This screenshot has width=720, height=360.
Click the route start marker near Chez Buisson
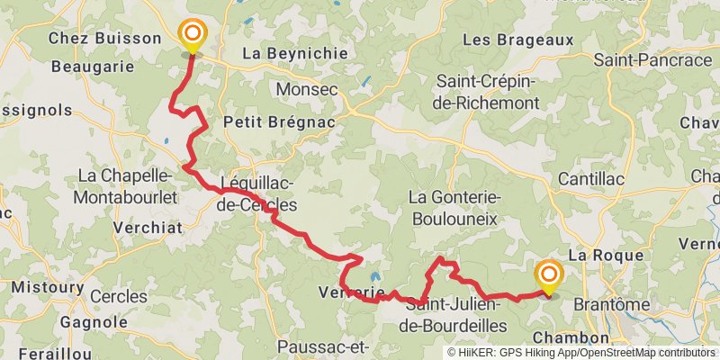point(192,36)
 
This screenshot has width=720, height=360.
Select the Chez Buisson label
point(104,39)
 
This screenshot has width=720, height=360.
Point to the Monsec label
point(306,90)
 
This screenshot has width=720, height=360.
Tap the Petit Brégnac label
point(279,122)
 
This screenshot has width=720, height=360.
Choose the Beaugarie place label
point(93,66)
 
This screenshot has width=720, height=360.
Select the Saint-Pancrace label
point(652,60)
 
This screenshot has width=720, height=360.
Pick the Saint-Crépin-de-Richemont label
point(488,93)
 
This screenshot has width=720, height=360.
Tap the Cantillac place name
point(591,180)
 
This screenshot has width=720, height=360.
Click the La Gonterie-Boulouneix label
point(454,207)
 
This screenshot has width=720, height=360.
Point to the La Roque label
point(605,256)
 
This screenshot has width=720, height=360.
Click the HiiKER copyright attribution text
point(580,354)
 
